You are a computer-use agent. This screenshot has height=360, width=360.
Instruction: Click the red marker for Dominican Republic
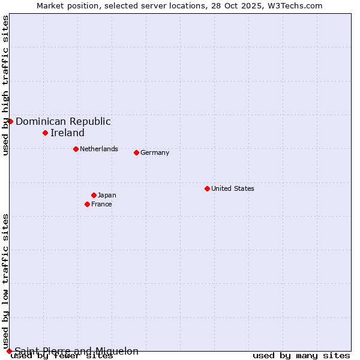pyautogui.click(x=10, y=121)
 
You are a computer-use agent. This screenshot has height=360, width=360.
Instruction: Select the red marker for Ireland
pyautogui.click(x=45, y=133)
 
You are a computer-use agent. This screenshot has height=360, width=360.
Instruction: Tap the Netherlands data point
pyautogui.click(x=76, y=149)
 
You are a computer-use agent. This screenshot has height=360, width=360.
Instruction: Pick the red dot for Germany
pyautogui.click(x=136, y=152)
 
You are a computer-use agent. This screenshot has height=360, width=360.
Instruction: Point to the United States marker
pyautogui.click(x=207, y=188)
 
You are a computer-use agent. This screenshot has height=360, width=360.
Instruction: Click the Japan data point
pyautogui.click(x=94, y=195)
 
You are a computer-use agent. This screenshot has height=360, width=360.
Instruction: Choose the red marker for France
pyautogui.click(x=87, y=204)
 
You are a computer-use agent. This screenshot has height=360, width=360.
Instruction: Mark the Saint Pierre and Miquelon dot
pyautogui.click(x=9, y=351)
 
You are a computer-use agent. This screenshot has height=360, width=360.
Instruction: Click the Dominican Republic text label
pyautogui.click(x=63, y=121)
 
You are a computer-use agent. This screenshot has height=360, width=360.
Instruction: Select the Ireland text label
pyautogui.click(x=67, y=133)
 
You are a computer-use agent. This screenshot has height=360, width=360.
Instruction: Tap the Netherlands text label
pyautogui.click(x=99, y=149)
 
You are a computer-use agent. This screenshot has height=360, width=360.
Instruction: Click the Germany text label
pyautogui.click(x=155, y=152)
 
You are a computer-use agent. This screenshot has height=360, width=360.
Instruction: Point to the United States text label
pyautogui.click(x=233, y=188)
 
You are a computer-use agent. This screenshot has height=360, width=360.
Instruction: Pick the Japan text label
pyautogui.click(x=107, y=195)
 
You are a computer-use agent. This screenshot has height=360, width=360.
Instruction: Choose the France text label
pyautogui.click(x=101, y=204)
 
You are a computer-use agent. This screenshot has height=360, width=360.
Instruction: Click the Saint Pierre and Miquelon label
pyautogui.click(x=76, y=351)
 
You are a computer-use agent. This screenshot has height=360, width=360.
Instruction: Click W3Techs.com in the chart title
pyautogui.click(x=295, y=5)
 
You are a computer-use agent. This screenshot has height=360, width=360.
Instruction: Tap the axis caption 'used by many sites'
pyautogui.click(x=301, y=356)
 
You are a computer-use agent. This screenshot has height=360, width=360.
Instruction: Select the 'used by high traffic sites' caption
pyautogui.click(x=5, y=85)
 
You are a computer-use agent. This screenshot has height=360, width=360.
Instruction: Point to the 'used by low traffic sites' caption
pyautogui.click(x=5, y=281)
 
